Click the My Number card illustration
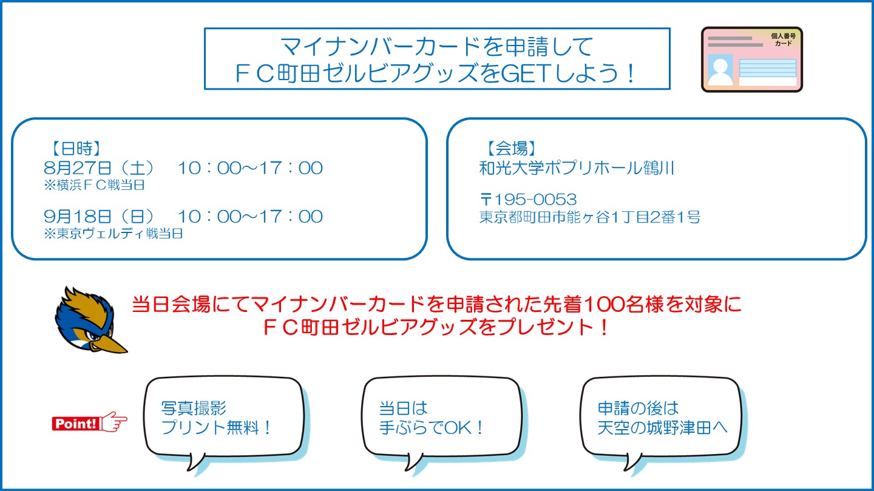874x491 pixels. [x=751, y=59]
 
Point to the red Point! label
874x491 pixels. [x=76, y=424]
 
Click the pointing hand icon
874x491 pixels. [x=114, y=422]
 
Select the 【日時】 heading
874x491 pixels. [x=72, y=147]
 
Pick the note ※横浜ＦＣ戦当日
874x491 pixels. [x=94, y=186]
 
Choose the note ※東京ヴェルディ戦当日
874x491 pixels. [x=113, y=234]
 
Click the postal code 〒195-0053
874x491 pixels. [x=528, y=199]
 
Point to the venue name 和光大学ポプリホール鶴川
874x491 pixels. [x=577, y=168]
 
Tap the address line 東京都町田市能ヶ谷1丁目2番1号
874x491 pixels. [x=589, y=217]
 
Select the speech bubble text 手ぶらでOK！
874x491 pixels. [x=432, y=427]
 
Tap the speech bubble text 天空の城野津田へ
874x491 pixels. [x=662, y=427]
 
